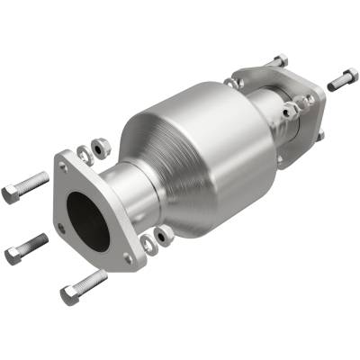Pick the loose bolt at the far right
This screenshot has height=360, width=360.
(343, 79)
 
